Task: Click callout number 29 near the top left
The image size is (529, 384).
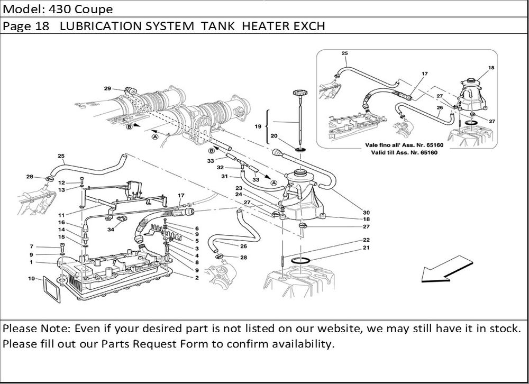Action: [x=107, y=88]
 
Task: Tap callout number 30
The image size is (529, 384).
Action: [x=366, y=213]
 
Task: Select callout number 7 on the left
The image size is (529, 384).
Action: [x=32, y=246]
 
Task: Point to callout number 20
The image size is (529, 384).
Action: [x=273, y=136]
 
